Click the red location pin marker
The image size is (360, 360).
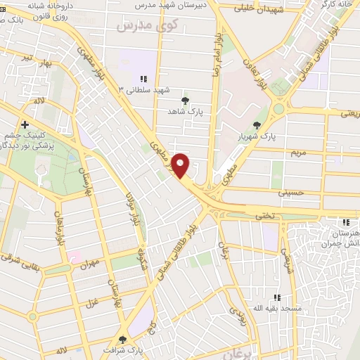181,165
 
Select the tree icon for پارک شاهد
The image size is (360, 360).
185,101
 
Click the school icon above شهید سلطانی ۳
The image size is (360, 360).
143,79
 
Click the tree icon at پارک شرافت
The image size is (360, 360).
123,339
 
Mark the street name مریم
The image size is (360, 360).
299,152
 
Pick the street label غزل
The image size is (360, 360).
91,302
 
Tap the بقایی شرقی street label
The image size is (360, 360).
15,257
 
